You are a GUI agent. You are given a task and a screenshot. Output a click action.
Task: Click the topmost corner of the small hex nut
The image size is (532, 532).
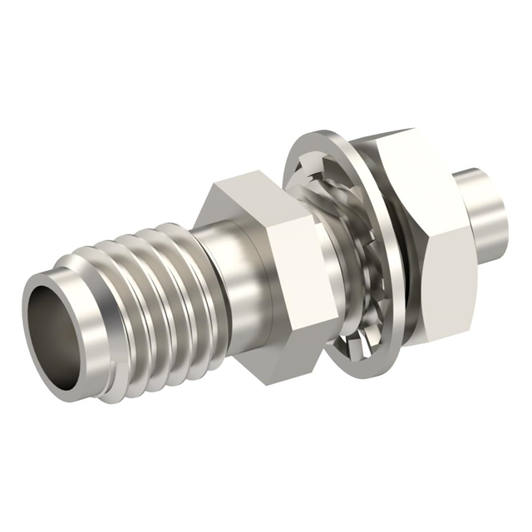tap(240, 172)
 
